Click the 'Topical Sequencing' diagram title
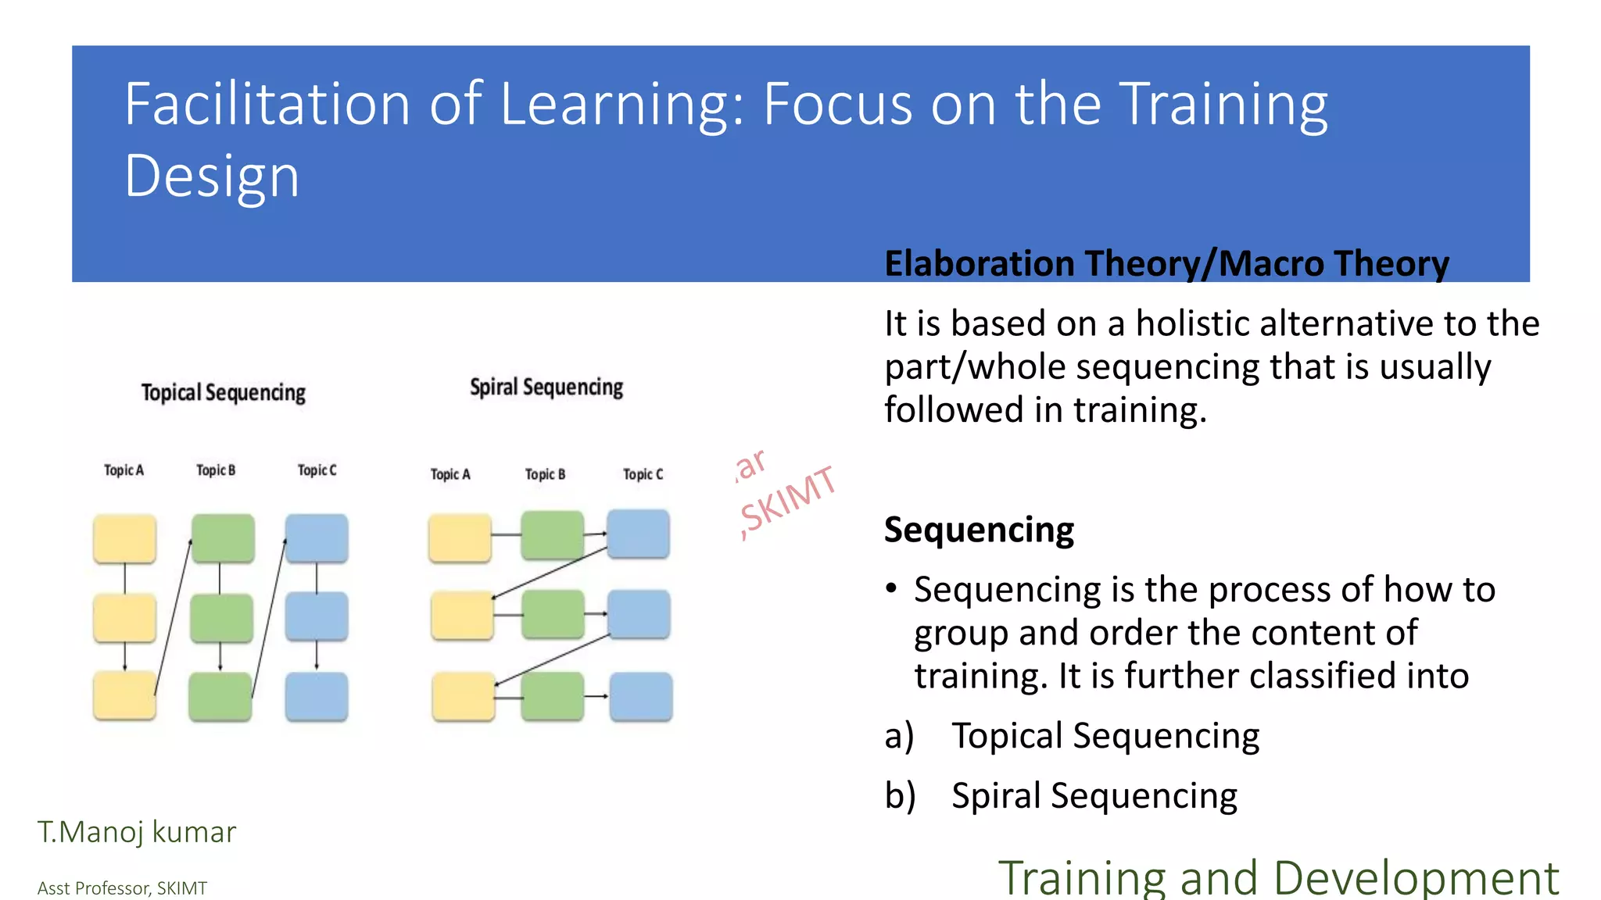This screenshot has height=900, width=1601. point(223,392)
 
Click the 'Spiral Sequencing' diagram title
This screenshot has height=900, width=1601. point(546,387)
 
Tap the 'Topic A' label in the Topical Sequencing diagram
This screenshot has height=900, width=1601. point(124,470)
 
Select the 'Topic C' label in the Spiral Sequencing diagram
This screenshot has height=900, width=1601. point(643,474)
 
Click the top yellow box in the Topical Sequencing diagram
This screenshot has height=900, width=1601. point(124,538)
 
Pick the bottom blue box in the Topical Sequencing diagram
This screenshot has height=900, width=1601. point(317,696)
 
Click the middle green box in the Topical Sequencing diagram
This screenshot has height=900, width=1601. point(221,618)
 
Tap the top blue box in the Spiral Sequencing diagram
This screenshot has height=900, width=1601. point(638,534)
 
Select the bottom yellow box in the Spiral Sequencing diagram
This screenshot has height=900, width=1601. point(463,696)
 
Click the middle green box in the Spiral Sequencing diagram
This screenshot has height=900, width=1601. point(553,614)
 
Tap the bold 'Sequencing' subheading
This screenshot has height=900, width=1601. point(979,530)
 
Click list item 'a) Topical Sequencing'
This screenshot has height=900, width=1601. point(1104,736)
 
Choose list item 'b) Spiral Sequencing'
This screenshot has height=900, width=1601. point(1093,795)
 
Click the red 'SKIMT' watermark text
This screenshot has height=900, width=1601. point(788,500)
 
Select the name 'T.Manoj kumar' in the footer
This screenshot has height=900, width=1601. point(137,832)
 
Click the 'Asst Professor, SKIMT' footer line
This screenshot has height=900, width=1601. point(122,888)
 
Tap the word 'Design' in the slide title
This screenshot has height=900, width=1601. point(212,176)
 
